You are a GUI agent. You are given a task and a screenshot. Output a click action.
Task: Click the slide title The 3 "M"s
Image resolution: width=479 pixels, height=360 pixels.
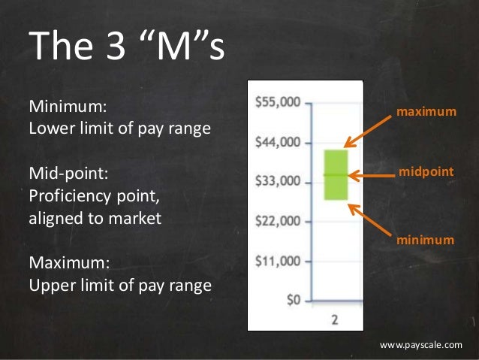point(125,46)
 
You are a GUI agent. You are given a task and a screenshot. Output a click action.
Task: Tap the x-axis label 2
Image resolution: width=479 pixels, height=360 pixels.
point(335,319)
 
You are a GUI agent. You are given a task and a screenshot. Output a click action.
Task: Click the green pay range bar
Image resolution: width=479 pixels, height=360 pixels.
point(336,174)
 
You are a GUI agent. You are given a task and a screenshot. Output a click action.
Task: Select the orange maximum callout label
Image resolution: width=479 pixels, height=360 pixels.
point(426,112)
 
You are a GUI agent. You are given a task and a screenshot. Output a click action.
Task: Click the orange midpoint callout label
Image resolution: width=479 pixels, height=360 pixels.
point(426,172)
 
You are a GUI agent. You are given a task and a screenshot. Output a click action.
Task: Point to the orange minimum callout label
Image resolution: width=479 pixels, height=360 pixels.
point(426,240)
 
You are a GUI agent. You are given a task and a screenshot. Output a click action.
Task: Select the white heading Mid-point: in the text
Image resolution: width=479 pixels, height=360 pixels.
point(68,174)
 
